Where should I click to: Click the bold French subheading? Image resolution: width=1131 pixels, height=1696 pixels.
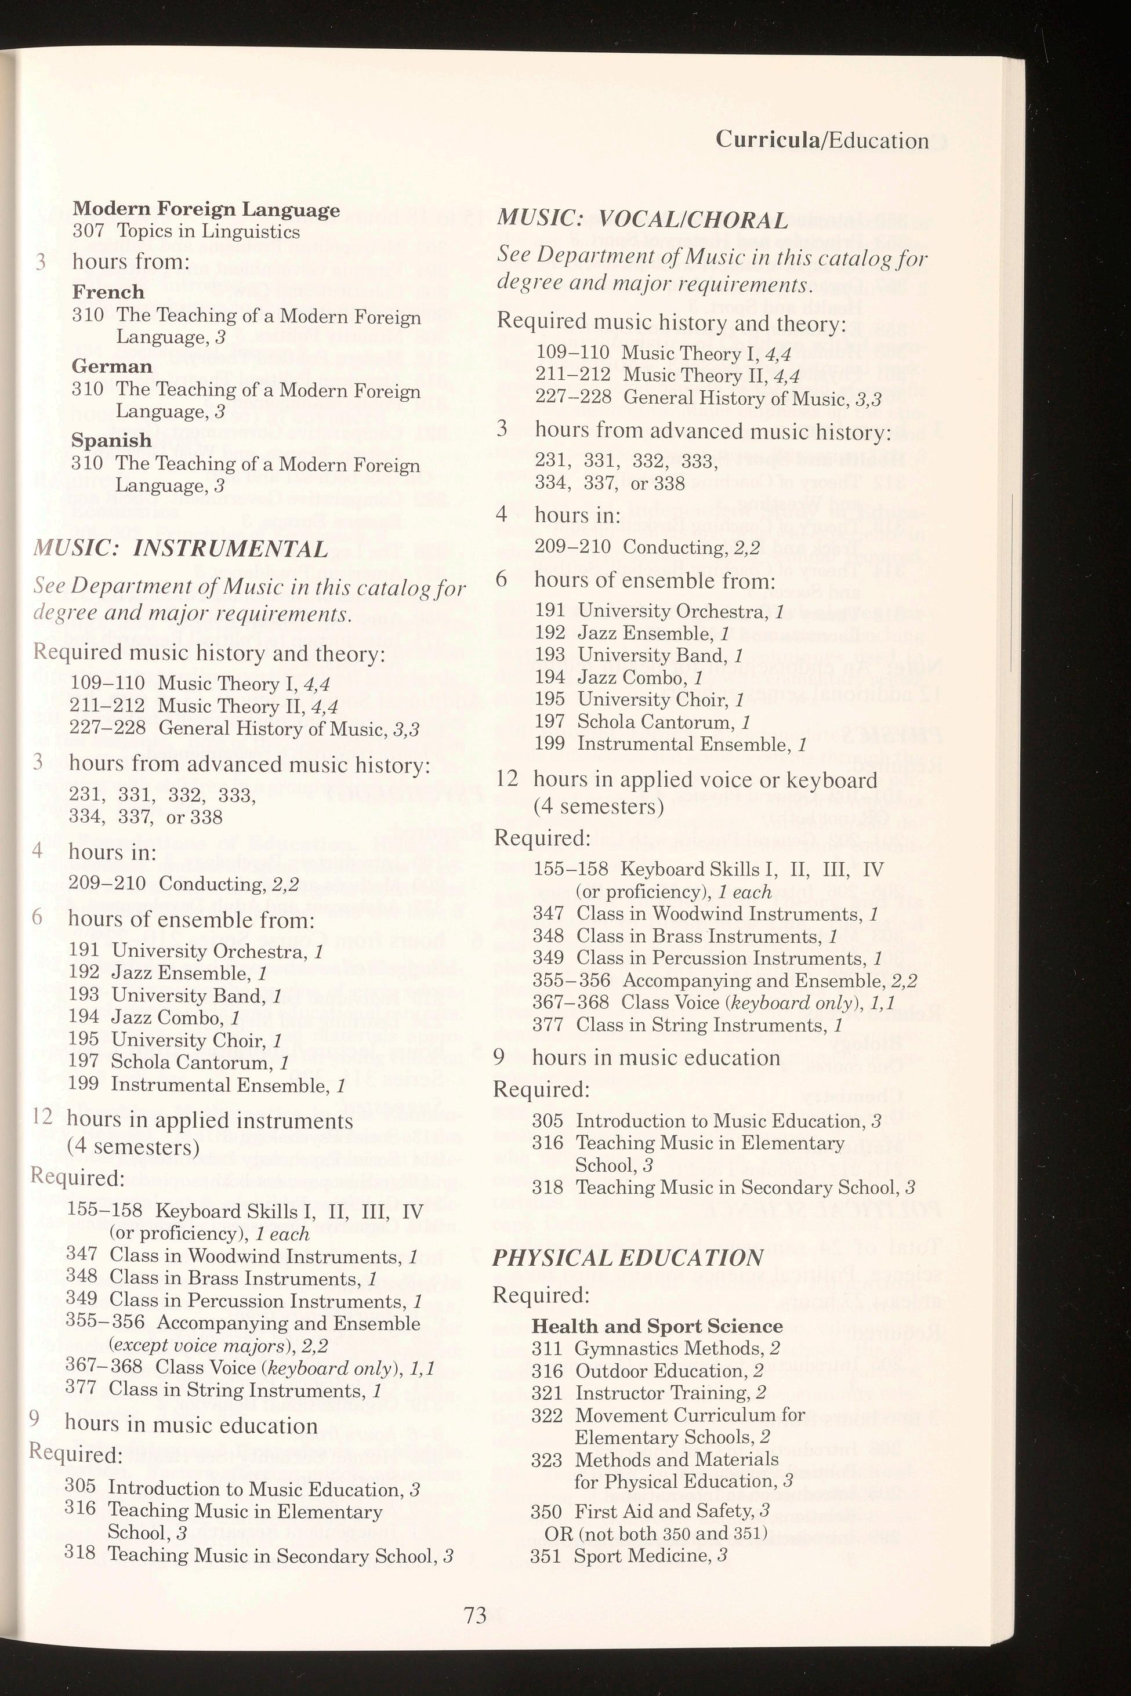[x=108, y=292]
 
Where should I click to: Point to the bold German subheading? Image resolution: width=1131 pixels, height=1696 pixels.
[x=112, y=366]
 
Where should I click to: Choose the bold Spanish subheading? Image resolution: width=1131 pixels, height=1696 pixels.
[x=111, y=441]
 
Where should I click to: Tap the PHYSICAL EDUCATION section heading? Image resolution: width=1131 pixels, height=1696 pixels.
[x=627, y=1258]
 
